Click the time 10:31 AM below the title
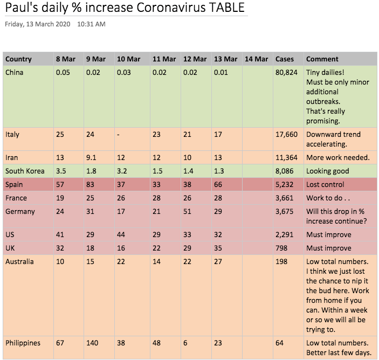pos(91,24)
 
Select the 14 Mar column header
pos(256,59)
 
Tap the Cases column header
pos(285,59)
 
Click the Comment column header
pos(322,59)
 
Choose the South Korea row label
pos(24,171)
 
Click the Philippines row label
pos(22,343)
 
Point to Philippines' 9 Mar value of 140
pos(93,343)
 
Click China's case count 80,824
pos(286,72)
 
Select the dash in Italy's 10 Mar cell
pos(119,134)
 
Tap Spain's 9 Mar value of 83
pos(91,185)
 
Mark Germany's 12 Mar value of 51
pos(188,212)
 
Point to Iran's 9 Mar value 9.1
pos(92,157)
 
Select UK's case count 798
pos(281,248)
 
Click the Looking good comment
pos(327,171)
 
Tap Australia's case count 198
pos(281,262)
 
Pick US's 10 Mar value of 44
pos(121,235)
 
